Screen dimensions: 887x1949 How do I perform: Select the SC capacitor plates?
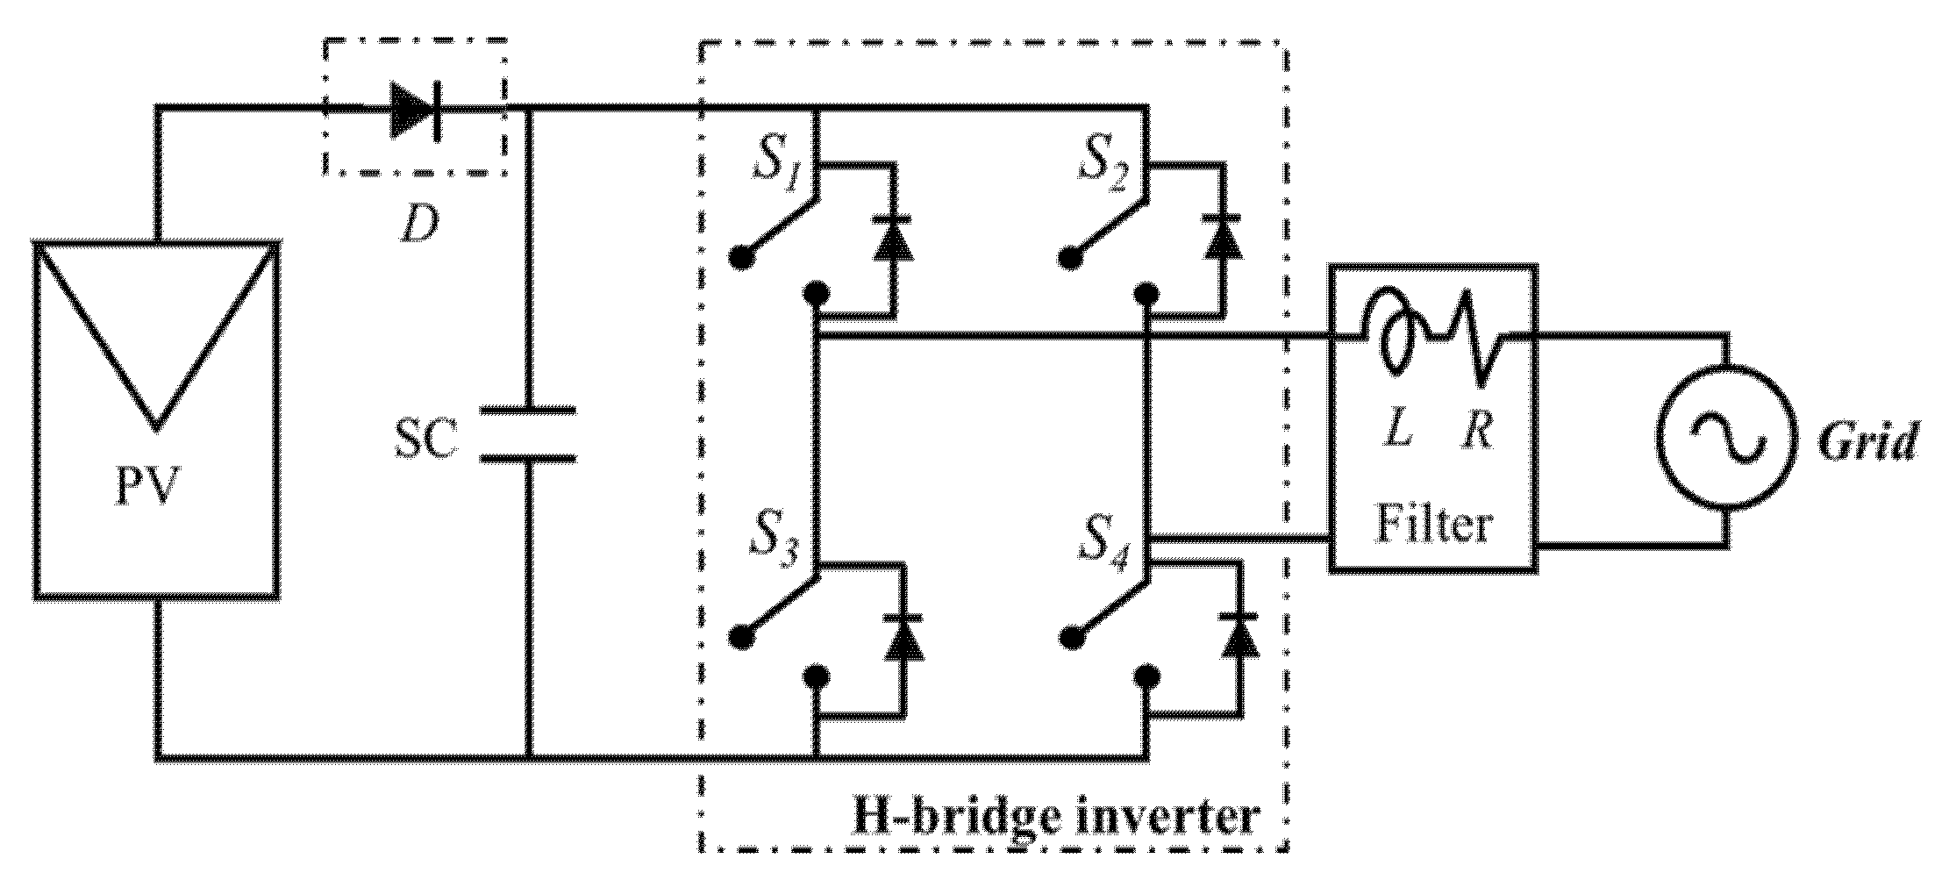[x=528, y=433]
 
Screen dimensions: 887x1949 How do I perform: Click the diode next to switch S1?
[x=893, y=238]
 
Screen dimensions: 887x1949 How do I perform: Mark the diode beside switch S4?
[x=1239, y=635]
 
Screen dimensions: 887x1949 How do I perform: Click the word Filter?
[x=1432, y=525]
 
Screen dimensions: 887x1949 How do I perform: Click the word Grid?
[x=1867, y=441]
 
